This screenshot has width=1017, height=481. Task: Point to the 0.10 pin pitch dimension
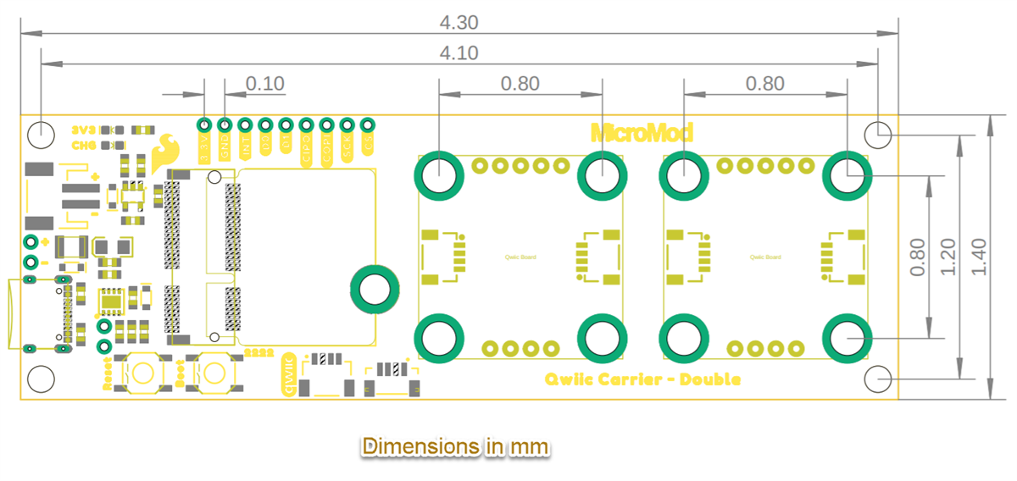click(265, 83)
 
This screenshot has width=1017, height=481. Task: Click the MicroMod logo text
click(642, 132)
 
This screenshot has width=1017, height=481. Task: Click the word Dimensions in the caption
click(412, 446)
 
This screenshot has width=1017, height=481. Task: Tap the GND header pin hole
click(225, 125)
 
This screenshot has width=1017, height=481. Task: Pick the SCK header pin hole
click(347, 125)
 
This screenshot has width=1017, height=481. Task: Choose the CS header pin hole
click(367, 125)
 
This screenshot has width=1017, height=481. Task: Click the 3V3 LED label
click(84, 130)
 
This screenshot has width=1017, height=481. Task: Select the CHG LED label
click(84, 145)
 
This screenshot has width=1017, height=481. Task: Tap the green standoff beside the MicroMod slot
click(374, 289)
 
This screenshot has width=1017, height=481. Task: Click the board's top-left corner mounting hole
click(40, 133)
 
